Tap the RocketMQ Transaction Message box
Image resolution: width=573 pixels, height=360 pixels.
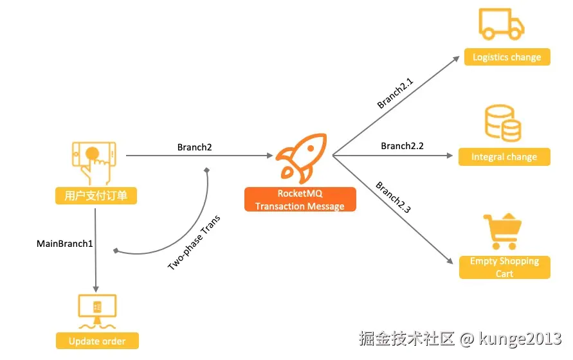click(300, 199)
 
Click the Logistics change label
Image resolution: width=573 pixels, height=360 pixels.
click(507, 57)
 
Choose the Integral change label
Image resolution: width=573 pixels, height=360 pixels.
click(504, 157)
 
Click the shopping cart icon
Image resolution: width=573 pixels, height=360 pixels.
click(502, 231)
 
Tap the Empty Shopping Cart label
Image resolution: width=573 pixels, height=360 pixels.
click(505, 267)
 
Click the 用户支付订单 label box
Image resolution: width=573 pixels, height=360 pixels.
click(96, 195)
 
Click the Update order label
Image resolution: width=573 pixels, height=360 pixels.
click(97, 341)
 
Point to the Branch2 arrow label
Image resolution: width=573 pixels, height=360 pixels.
click(195, 147)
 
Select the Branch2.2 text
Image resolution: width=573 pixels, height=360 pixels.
click(402, 146)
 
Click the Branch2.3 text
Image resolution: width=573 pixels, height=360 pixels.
click(393, 198)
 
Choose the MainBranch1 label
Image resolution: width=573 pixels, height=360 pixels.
click(65, 244)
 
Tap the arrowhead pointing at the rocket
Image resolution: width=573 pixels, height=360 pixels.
click(269, 156)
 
